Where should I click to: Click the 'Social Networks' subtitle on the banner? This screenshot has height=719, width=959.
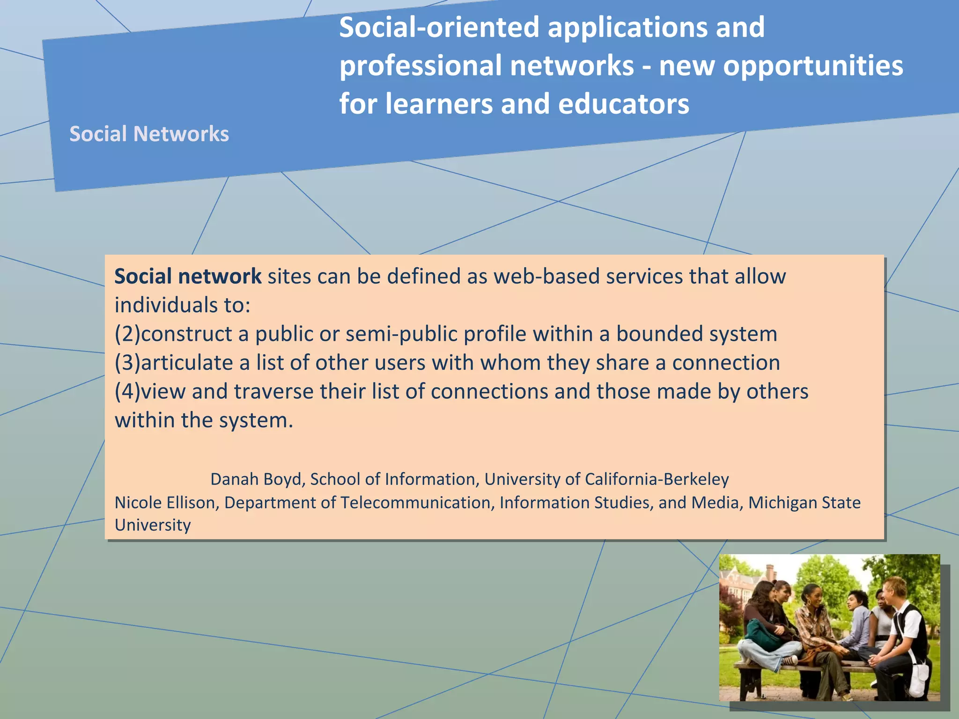(149, 134)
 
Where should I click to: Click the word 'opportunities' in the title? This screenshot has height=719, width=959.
(813, 66)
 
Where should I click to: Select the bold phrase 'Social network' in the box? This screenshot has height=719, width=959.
(188, 276)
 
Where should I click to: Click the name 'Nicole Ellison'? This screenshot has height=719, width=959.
(165, 502)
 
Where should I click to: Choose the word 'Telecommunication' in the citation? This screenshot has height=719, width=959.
(415, 502)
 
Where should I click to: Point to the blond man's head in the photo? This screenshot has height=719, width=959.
(894, 589)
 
